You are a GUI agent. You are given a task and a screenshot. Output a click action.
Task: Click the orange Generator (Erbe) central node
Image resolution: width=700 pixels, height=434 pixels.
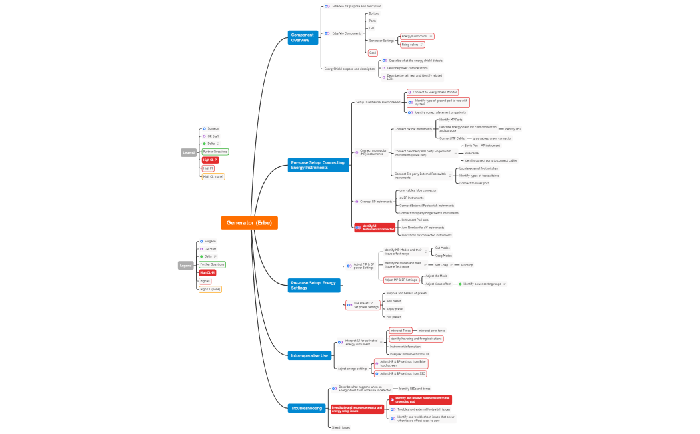[x=249, y=223]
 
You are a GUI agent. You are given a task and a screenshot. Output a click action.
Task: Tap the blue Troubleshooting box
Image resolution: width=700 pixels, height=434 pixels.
[x=306, y=407]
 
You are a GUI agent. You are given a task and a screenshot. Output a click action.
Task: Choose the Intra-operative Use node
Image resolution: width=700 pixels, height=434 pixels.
[x=310, y=355]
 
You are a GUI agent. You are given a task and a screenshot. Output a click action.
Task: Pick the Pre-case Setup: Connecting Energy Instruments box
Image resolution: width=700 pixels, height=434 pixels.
[x=319, y=165]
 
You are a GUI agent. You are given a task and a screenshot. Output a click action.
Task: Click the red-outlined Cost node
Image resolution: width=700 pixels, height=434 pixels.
[x=373, y=53]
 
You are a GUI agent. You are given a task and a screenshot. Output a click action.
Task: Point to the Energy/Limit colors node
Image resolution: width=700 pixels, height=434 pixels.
[x=415, y=36]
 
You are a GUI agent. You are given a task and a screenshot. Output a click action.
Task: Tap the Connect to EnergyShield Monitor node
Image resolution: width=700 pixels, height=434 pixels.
[x=433, y=92]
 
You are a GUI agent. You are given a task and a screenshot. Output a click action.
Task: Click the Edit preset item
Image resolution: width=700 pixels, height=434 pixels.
[x=395, y=317]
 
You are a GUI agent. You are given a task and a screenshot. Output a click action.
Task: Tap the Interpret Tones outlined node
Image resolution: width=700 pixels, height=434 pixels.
[x=401, y=331]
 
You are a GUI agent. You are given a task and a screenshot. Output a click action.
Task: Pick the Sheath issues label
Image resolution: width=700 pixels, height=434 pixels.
[x=341, y=427]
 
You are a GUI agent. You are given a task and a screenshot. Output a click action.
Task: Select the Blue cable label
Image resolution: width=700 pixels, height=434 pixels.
[x=471, y=153]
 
